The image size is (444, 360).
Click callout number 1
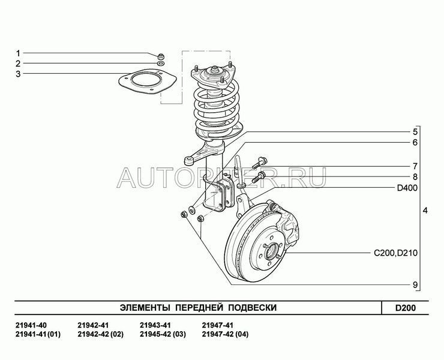18,53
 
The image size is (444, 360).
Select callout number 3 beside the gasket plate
18,74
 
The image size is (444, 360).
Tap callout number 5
415,132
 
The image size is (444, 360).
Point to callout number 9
415,284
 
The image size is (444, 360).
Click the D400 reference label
407,188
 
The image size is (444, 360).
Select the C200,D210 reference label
395,253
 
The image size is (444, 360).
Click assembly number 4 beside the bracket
425,211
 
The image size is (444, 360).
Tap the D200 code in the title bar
406,308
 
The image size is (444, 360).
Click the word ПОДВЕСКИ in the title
252,308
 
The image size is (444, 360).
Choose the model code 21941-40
31,325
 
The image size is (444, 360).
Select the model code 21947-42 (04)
225,334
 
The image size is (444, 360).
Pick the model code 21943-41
155,325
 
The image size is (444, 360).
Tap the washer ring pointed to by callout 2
161,63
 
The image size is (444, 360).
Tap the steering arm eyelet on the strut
188,161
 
